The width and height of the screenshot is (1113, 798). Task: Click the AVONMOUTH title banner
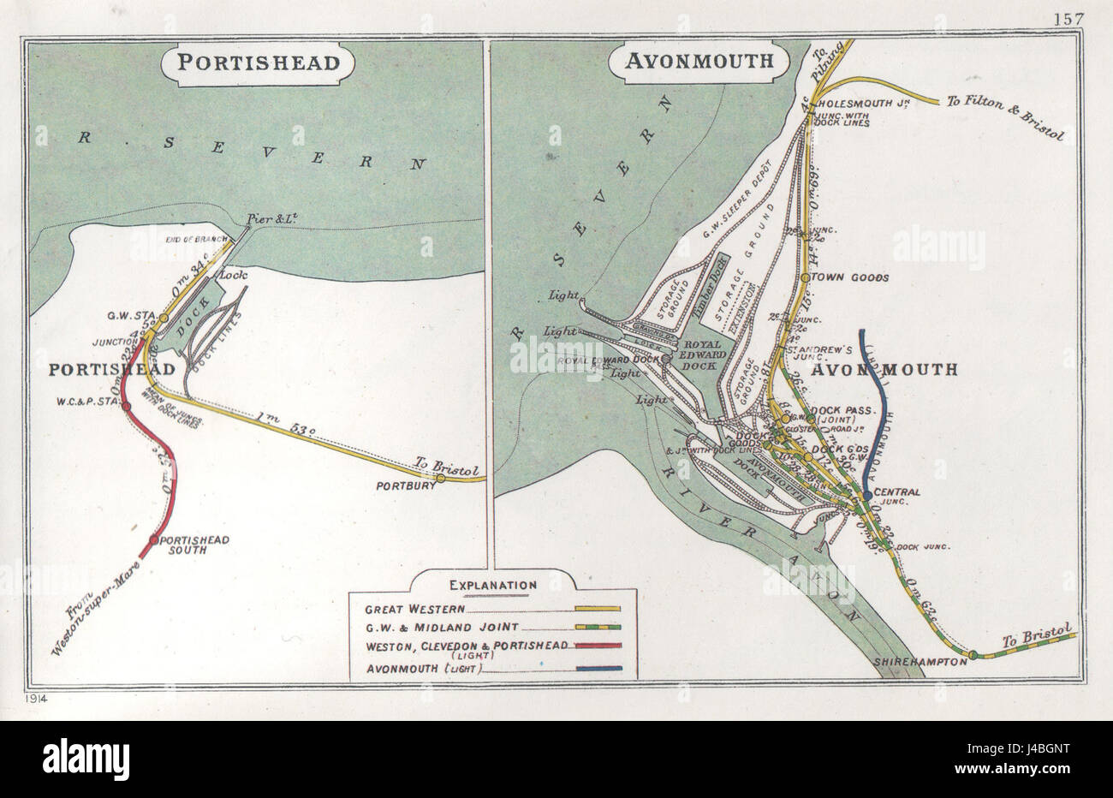[x=699, y=61]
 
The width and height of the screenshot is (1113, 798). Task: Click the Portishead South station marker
[x=153, y=540]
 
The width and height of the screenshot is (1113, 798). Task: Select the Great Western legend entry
[x=414, y=610]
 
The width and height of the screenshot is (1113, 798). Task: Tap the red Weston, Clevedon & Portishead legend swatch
[x=598, y=647]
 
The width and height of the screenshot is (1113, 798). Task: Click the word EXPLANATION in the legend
[x=493, y=585]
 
